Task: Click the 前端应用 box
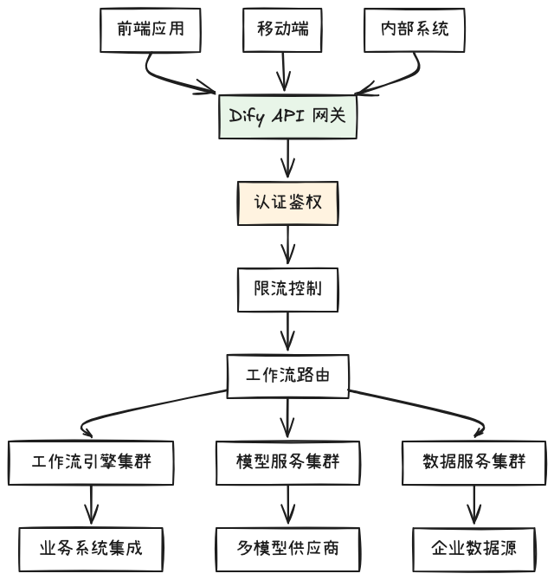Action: coord(150,29)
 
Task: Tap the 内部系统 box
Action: coord(415,29)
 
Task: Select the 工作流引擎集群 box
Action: coord(91,461)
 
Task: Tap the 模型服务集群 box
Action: coord(287,461)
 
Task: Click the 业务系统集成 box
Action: coord(91,548)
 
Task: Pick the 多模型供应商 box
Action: coord(287,548)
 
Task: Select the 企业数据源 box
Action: coord(474,548)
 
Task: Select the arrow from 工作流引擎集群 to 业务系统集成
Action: coord(91,505)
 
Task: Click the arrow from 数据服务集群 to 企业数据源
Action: coord(474,505)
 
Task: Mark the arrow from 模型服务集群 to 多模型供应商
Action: coord(287,505)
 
